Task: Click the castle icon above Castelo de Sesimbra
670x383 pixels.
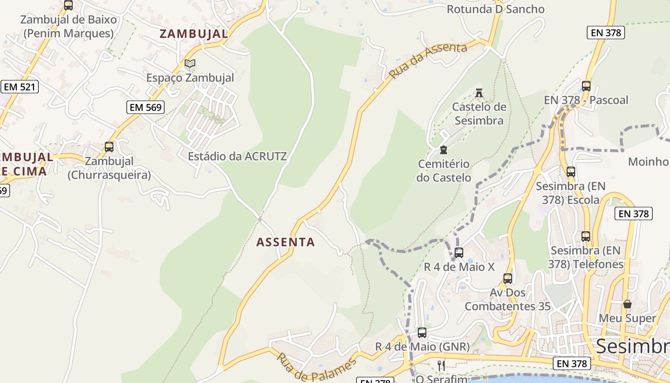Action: click(x=479, y=92)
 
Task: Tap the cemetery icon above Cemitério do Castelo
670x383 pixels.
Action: click(x=443, y=150)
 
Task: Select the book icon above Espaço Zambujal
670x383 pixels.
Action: click(x=190, y=63)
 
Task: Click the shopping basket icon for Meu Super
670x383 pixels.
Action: click(x=627, y=304)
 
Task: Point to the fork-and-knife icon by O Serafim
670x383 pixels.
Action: click(x=441, y=366)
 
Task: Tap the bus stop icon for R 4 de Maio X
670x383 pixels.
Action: click(x=459, y=252)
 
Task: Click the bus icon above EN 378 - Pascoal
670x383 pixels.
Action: click(x=586, y=86)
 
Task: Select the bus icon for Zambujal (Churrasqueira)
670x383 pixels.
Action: click(x=109, y=146)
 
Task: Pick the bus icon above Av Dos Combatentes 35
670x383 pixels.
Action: click(x=508, y=278)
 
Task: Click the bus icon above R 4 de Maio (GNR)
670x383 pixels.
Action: click(x=422, y=332)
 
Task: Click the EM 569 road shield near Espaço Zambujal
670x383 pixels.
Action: click(x=145, y=107)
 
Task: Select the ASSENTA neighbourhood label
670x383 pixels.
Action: click(x=286, y=242)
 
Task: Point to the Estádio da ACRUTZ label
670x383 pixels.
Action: click(x=237, y=156)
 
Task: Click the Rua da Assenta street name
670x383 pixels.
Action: click(x=428, y=60)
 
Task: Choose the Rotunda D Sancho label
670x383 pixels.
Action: click(x=495, y=9)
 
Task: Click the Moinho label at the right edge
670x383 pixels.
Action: click(x=648, y=161)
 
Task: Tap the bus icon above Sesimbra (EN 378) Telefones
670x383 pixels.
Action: click(x=586, y=236)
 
